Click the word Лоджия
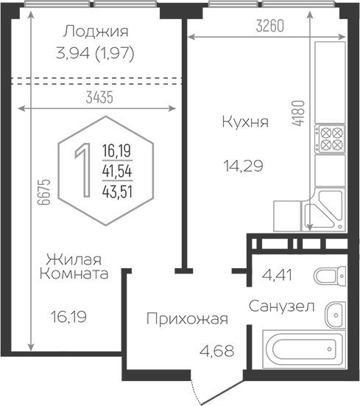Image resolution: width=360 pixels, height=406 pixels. tap(96, 32)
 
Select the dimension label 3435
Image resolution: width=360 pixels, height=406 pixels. tap(99, 97)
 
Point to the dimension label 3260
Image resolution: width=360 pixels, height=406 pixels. tap(269, 26)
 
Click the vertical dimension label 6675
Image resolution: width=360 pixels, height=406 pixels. tap(43, 192)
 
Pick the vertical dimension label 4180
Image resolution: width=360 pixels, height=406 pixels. tap(298, 113)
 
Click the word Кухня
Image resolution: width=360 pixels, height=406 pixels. tap(245, 122)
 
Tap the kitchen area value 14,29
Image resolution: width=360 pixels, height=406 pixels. tap(243, 166)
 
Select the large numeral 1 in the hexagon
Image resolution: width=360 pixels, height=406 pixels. tap(83, 170)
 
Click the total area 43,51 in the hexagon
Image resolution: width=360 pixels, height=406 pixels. tap(117, 192)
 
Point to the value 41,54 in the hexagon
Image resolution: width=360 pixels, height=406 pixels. tap(117, 171)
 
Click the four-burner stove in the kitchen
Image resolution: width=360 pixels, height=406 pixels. tap(331, 139)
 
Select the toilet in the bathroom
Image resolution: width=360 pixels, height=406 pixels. tap(330, 276)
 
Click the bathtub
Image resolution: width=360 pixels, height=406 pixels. tap(304, 349)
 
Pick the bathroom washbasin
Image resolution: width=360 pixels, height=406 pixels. tap(336, 315)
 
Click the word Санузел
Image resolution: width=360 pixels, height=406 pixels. tap(281, 307)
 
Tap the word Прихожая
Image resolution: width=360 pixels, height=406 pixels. tap(187, 319)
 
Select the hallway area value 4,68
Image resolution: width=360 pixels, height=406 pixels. tap(217, 351)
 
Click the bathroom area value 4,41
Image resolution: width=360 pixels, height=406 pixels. tap(277, 275)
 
